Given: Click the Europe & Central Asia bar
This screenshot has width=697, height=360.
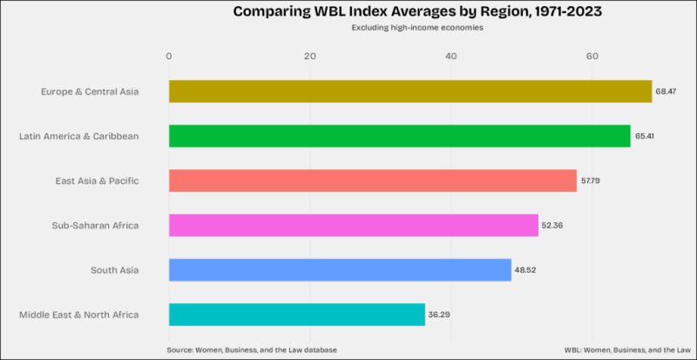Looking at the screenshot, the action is tap(410, 92).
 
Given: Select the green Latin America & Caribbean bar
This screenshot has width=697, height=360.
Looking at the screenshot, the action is tap(400, 136).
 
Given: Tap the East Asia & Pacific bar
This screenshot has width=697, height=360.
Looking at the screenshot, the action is tap(373, 180).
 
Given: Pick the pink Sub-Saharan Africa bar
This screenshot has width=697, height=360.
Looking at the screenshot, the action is tap(354, 225).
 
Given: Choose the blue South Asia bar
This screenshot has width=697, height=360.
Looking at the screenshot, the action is tap(340, 269).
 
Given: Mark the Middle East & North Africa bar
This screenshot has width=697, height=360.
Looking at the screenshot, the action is tap(297, 315).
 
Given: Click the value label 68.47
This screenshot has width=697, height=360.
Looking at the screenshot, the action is tap(666, 92).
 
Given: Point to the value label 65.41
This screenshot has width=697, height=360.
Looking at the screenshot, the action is tap(644, 136).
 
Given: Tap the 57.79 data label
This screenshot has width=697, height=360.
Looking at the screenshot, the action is tap(591, 180).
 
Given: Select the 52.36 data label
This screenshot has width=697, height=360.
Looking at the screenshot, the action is tap(552, 225).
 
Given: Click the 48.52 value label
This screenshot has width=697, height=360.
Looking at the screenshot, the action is tap(525, 270).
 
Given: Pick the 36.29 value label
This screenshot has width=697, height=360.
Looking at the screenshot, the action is tap(439, 315).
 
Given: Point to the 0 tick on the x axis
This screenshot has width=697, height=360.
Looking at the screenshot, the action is tap(168, 57).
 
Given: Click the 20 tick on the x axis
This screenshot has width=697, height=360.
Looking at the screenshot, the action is tap(310, 57).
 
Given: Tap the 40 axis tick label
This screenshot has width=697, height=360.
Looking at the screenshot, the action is tap(451, 57).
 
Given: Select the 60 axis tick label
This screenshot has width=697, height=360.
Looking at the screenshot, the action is tap(592, 57).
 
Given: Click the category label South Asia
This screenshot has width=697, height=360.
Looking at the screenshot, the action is tap(115, 270).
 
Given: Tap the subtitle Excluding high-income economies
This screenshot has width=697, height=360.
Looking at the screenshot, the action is tap(417, 28).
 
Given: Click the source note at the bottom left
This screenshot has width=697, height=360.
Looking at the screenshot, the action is tap(252, 350).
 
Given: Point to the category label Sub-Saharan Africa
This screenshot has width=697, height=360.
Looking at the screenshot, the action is tap(95, 226).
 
